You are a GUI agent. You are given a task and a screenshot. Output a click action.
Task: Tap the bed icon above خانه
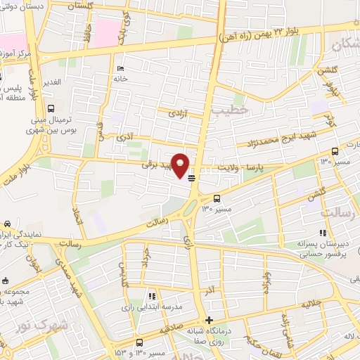[x=120, y=68]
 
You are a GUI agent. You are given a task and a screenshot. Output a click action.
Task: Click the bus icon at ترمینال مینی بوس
[x=51, y=108]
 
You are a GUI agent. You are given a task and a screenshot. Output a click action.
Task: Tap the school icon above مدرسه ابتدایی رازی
[x=151, y=296]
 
